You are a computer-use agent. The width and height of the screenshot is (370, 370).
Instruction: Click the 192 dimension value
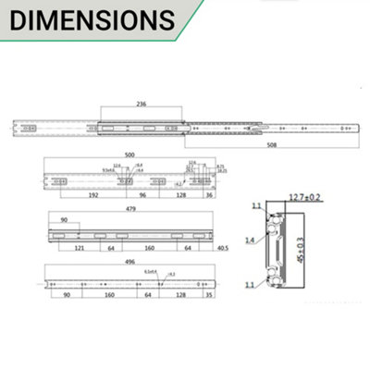point(92,197)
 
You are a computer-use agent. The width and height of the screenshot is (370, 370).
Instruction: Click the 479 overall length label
point(130,210)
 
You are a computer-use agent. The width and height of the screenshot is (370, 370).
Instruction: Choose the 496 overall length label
point(130,263)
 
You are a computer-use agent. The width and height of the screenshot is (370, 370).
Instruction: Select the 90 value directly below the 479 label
point(64,221)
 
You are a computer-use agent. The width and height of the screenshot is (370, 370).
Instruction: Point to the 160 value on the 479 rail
point(149,249)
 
